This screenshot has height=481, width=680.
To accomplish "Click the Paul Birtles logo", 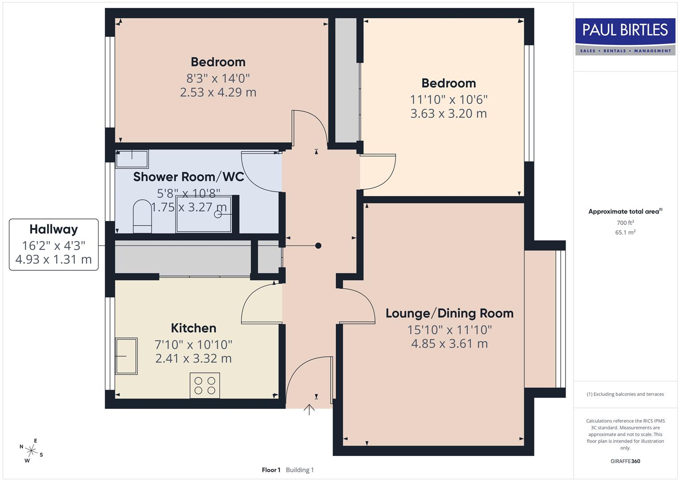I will pyautogui.click(x=625, y=37).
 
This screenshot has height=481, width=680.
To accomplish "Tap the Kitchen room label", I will pyautogui.click(x=193, y=328).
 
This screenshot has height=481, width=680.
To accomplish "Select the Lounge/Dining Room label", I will pyautogui.click(x=449, y=314).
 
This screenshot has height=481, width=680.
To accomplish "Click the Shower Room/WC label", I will pyautogui.click(x=188, y=177).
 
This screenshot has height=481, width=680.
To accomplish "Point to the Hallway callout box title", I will pyautogui.click(x=53, y=229).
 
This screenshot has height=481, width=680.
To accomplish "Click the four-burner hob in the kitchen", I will pyautogui.click(x=205, y=385).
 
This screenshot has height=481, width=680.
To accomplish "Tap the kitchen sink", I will pyautogui.click(x=126, y=356).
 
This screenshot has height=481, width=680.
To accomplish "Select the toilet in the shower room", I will pyautogui.click(x=143, y=216).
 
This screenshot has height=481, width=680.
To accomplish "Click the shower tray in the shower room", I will pyautogui.click(x=204, y=214).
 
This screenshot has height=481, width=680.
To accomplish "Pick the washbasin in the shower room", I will pyautogui.click(x=132, y=159).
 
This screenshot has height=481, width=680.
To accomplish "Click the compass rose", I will pyautogui.click(x=31, y=450).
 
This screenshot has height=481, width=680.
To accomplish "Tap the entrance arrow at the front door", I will pyautogui.click(x=309, y=409).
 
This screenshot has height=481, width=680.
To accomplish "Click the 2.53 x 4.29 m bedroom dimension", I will pyautogui.click(x=218, y=92).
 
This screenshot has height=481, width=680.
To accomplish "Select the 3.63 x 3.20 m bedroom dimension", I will pyautogui.click(x=448, y=114).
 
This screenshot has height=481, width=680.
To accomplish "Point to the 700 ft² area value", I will pyautogui.click(x=625, y=223).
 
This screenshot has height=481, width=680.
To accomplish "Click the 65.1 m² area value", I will pyautogui.click(x=625, y=232).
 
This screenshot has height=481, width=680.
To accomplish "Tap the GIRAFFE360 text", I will pyautogui.click(x=625, y=461).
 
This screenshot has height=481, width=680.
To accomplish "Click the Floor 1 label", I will pyautogui.click(x=271, y=470).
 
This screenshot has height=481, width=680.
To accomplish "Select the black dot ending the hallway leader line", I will pyautogui.click(x=318, y=245).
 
